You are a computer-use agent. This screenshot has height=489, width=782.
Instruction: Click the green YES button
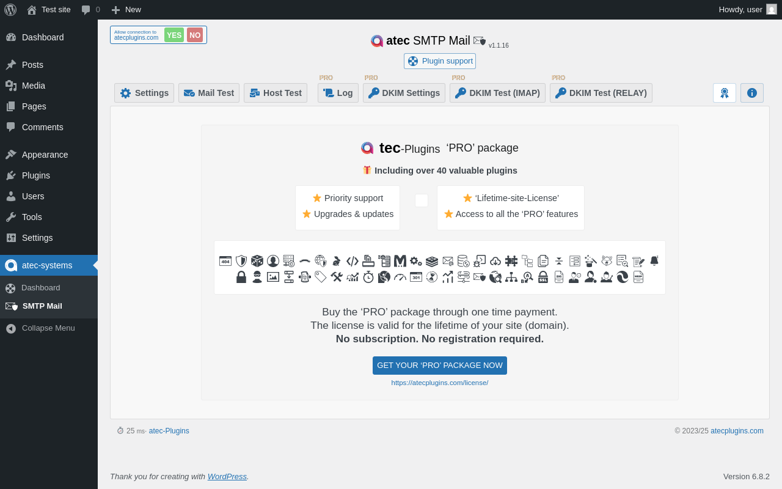174,35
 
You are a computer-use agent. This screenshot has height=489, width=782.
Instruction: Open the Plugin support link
440,61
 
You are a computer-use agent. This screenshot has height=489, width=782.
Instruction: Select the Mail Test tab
209,93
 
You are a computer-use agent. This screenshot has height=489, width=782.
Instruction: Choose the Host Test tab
276,93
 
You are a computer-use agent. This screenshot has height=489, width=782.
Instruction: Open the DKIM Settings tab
404,93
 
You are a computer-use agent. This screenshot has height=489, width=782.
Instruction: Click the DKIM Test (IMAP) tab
497,93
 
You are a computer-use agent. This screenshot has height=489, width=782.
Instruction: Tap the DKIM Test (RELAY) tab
601,93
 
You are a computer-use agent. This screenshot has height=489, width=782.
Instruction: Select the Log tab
338,93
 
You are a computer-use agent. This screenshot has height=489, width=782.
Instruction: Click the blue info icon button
752,93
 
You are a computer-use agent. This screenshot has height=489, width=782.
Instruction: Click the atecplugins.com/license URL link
440,383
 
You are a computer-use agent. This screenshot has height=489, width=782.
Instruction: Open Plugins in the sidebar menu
36,175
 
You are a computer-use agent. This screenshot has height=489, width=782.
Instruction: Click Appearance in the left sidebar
45,155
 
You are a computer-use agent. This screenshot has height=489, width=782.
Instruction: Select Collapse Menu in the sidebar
48,328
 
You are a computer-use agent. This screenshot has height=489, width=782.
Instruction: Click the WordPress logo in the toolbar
10,10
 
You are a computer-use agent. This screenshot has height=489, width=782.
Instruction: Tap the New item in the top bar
126,10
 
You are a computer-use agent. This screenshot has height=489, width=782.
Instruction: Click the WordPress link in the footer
227,476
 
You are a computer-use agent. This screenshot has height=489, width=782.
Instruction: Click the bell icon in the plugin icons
654,261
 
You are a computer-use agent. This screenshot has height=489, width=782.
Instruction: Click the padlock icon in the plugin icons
241,277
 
